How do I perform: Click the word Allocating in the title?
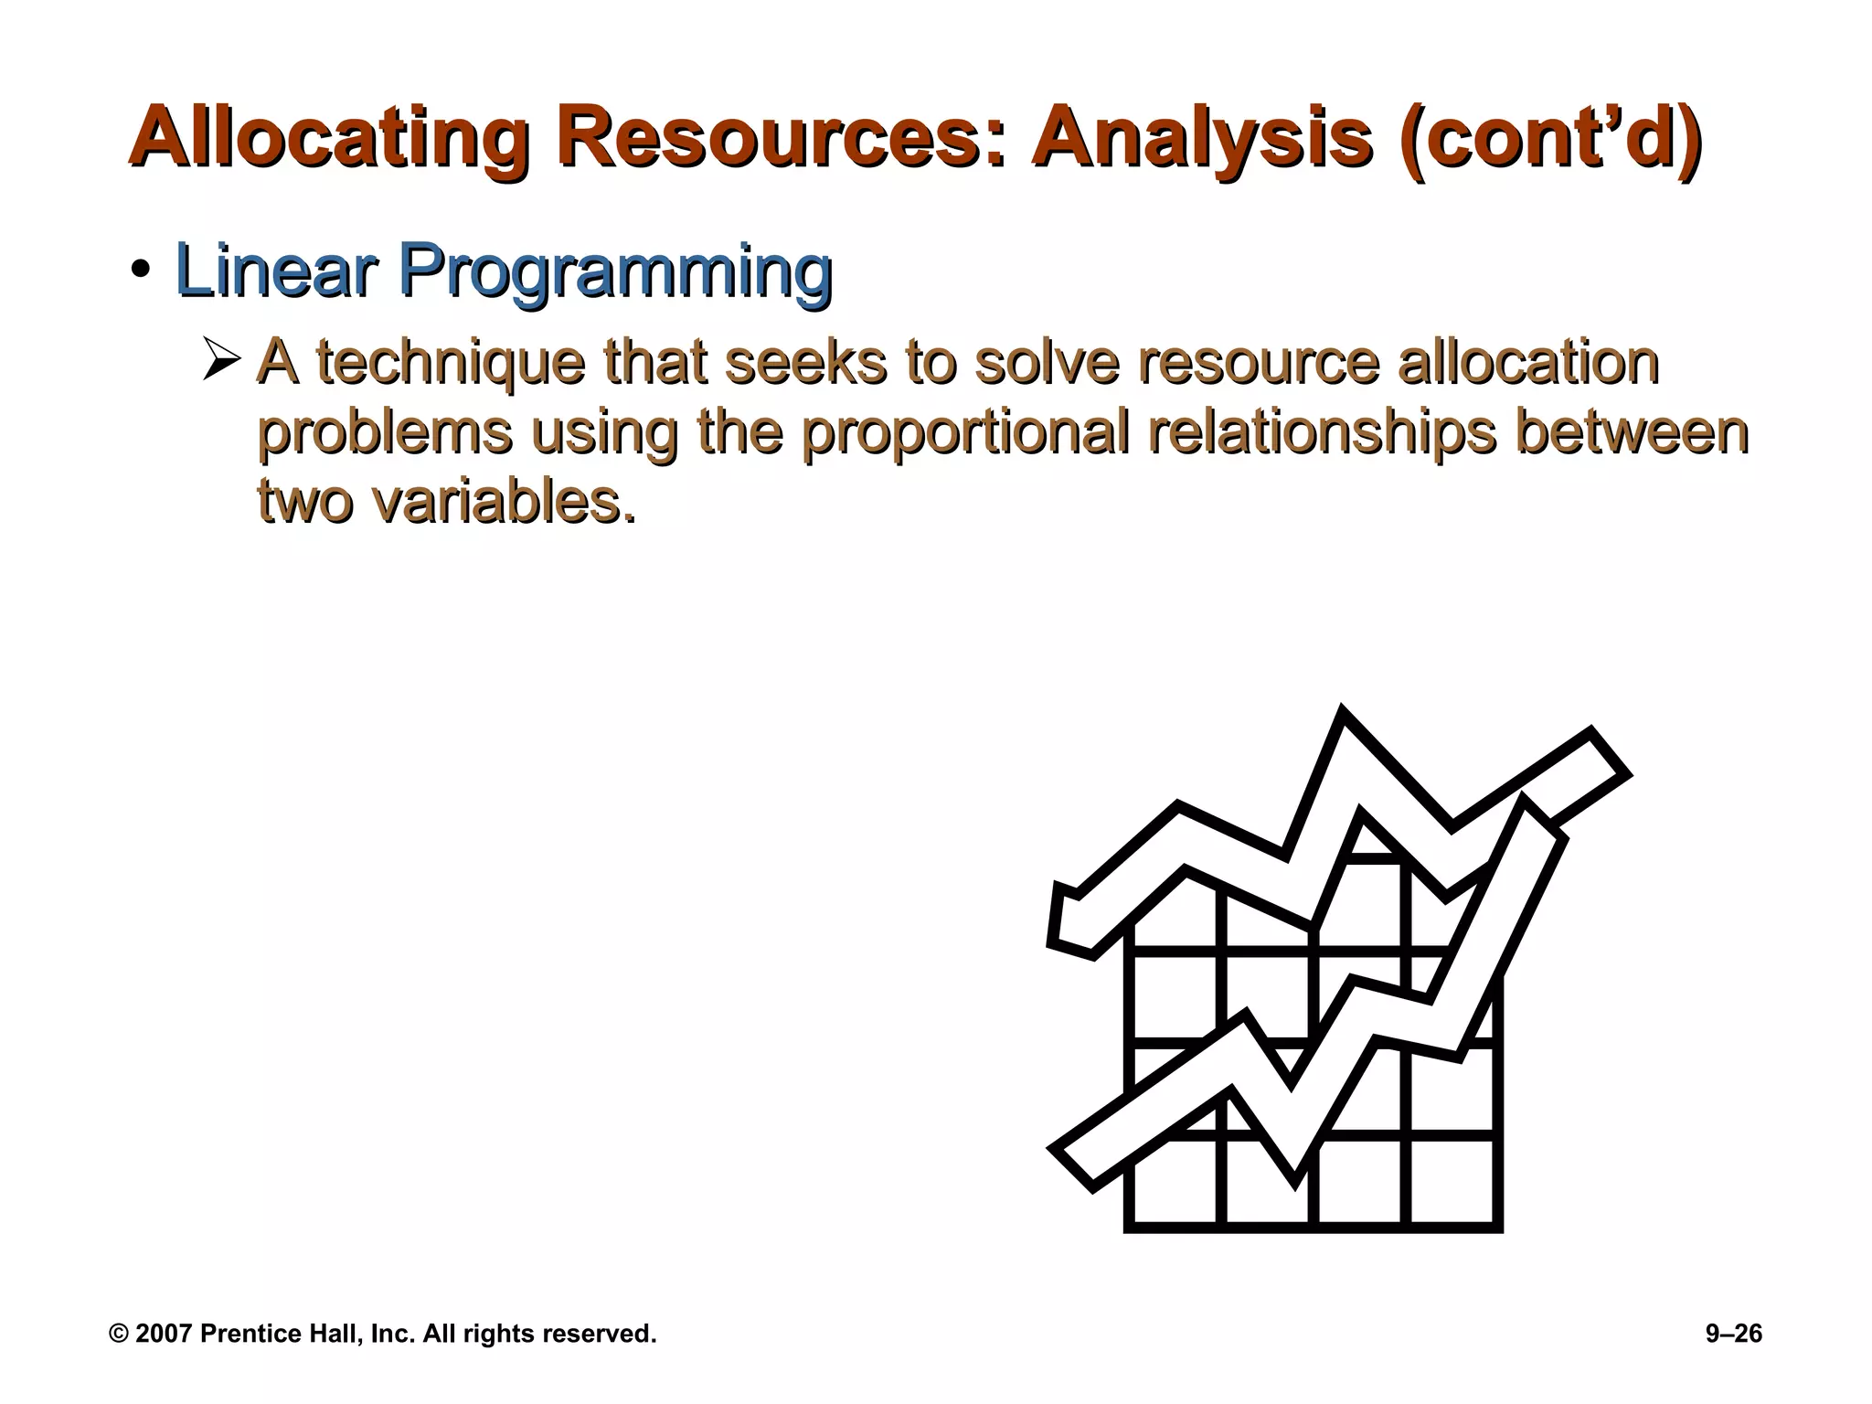[329, 139]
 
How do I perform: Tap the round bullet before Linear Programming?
[140, 271]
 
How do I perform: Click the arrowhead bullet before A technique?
[222, 358]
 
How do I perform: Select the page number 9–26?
[1733, 1334]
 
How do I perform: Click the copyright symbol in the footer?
[119, 1334]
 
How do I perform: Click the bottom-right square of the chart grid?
[1452, 1180]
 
